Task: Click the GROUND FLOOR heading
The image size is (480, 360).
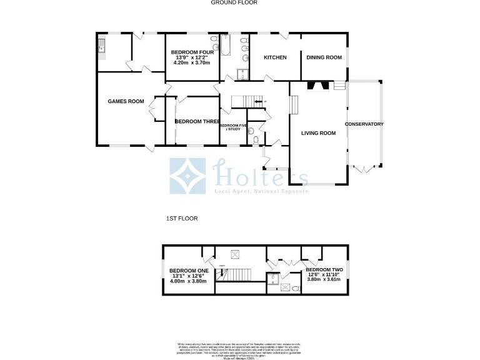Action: [x=234, y=2]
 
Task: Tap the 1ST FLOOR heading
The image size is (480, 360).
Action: [x=182, y=219]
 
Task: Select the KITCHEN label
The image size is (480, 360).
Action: [x=275, y=57]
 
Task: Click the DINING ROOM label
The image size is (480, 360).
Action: [x=324, y=57]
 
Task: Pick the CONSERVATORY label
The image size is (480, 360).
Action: [x=364, y=124]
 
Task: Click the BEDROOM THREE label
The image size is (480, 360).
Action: [x=196, y=121]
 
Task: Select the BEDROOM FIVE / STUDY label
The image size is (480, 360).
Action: [x=233, y=127]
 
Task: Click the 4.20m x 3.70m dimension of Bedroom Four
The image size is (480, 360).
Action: [x=194, y=64]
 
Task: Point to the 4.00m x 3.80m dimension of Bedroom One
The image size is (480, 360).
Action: [x=189, y=281]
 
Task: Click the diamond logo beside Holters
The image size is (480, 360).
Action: [x=188, y=176]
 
